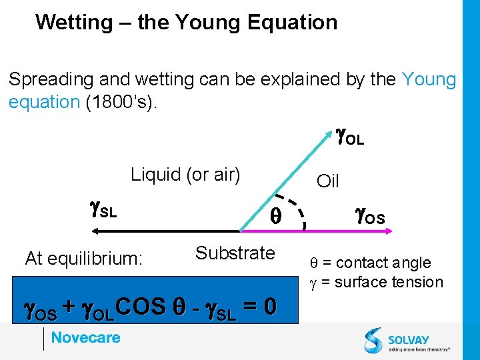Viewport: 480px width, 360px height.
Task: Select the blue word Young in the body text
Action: point(429,80)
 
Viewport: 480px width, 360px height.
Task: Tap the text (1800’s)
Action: point(123,102)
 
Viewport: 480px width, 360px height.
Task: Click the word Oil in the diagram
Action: point(328,181)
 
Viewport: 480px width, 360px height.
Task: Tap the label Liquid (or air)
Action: point(185,175)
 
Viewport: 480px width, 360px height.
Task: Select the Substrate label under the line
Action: point(235,253)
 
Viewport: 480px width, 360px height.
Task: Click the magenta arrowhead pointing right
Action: point(389,231)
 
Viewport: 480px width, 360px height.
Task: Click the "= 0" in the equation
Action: point(260,307)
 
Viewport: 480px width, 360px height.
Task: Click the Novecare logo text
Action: point(85,337)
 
